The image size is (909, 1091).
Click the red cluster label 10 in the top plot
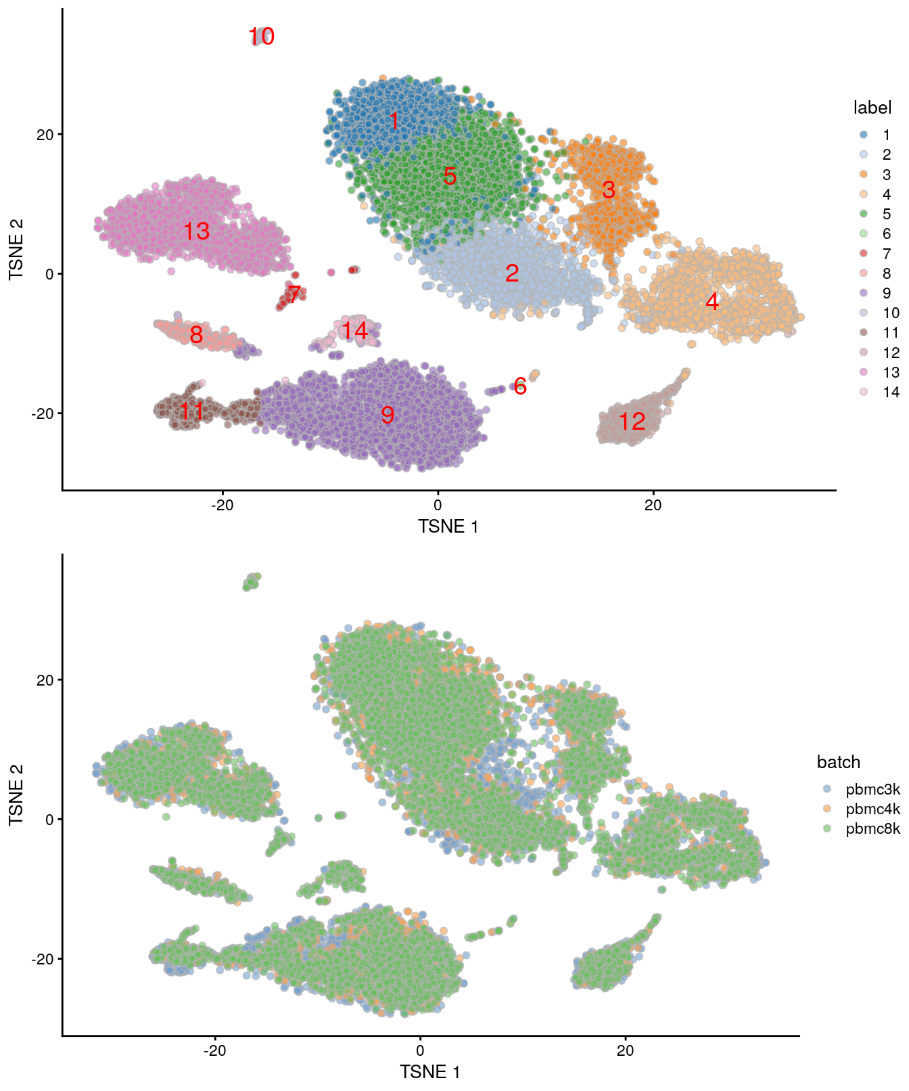click(x=261, y=37)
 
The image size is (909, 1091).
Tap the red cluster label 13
click(x=197, y=231)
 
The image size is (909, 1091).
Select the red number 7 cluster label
click(x=294, y=294)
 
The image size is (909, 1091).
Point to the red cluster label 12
click(x=632, y=422)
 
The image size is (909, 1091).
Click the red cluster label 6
click(x=519, y=386)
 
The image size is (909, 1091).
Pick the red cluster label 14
click(x=354, y=331)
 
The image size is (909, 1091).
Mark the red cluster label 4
click(x=712, y=302)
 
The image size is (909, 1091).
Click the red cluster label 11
click(x=192, y=411)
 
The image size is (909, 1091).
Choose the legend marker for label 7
click(x=864, y=254)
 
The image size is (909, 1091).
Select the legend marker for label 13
click(x=864, y=372)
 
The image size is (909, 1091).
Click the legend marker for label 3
click(x=864, y=175)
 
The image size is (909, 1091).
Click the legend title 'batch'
click(x=838, y=762)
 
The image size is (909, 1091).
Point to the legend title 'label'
click(x=872, y=108)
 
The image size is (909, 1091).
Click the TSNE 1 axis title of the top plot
click(x=448, y=527)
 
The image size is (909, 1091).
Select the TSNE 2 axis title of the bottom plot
click(x=16, y=795)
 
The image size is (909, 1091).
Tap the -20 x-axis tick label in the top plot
click(x=222, y=506)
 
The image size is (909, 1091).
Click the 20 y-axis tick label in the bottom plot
click(x=45, y=680)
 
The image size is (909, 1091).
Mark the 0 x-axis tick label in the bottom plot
click(x=420, y=1051)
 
